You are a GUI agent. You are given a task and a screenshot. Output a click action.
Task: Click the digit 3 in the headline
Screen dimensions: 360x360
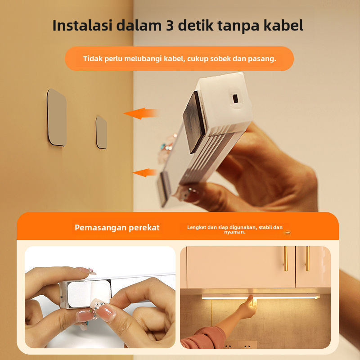click(170, 26)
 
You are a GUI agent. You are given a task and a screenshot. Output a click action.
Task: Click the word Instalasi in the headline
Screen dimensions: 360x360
click(82, 25)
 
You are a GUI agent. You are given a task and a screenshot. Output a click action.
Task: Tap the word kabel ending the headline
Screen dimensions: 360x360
click(283, 25)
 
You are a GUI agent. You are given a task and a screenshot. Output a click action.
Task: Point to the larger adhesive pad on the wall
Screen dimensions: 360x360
click(57, 117)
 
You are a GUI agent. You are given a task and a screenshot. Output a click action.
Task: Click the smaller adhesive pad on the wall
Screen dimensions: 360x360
click(102, 132)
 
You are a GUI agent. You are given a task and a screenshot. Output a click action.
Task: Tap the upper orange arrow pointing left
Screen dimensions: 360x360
click(140, 113)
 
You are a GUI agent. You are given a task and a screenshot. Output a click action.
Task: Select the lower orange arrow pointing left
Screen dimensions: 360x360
click(144, 173)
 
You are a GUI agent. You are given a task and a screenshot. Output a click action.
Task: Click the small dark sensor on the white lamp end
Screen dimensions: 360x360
click(235, 99)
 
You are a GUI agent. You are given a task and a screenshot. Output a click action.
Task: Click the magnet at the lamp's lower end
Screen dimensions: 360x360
click(164, 189)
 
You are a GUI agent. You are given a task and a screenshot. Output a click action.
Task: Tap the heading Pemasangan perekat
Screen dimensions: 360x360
click(117, 228)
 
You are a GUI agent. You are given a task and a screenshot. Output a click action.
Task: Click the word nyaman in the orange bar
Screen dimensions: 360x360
click(234, 232)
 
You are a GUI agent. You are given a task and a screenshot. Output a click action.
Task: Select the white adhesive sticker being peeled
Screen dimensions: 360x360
click(88, 294)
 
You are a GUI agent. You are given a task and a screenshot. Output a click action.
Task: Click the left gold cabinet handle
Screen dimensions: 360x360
click(286, 258)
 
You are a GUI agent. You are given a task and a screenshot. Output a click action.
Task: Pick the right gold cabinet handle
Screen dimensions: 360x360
click(307, 258)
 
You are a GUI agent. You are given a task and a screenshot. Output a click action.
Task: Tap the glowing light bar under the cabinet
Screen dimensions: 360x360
click(261, 297)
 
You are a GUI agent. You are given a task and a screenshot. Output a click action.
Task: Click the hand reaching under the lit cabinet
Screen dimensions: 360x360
click(247, 308)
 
